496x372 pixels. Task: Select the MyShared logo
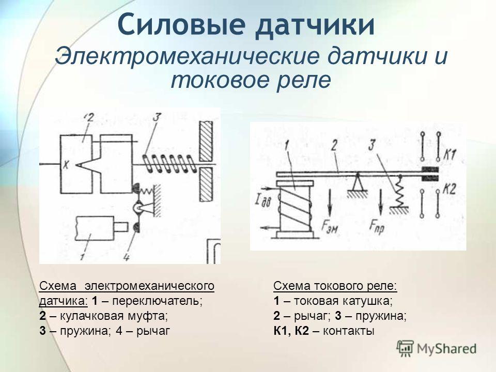coord(437,348)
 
